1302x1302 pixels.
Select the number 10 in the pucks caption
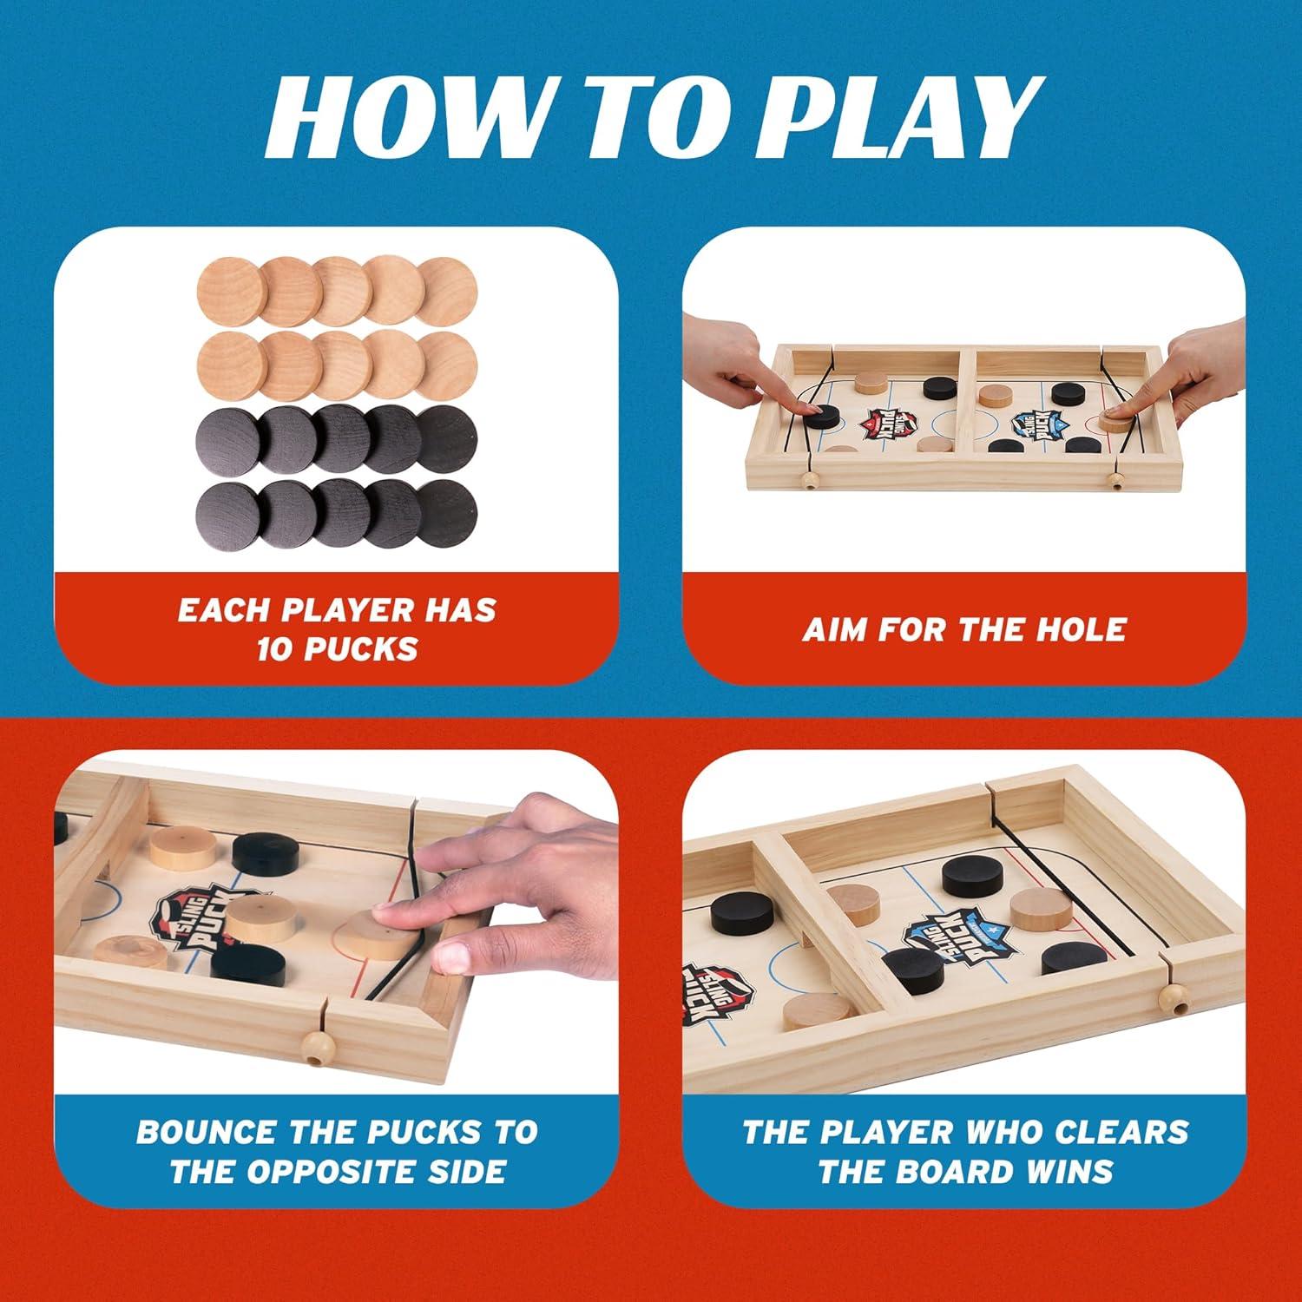click(276, 648)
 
